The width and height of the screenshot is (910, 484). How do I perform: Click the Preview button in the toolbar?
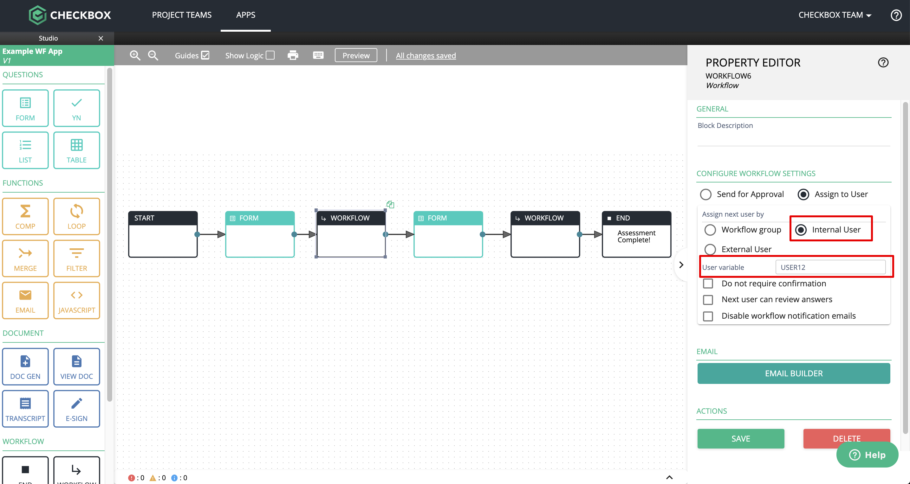pyautogui.click(x=356, y=55)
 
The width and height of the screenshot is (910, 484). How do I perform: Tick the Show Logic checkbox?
pyautogui.click(x=270, y=55)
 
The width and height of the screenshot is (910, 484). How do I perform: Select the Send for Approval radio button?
pyautogui.click(x=706, y=194)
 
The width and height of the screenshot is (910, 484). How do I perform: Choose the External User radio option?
pyautogui.click(x=710, y=249)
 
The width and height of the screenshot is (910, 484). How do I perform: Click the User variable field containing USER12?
pyautogui.click(x=830, y=267)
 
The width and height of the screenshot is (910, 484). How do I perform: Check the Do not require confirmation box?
pyautogui.click(x=708, y=283)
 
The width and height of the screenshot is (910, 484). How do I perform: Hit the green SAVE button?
pyautogui.click(x=741, y=438)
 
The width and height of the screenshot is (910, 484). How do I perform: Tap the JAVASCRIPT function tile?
pyautogui.click(x=77, y=300)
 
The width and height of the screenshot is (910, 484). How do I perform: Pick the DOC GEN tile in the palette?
pyautogui.click(x=25, y=366)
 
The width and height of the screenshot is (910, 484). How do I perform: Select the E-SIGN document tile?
pyautogui.click(x=77, y=408)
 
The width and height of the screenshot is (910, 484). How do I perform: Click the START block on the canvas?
pyautogui.click(x=163, y=234)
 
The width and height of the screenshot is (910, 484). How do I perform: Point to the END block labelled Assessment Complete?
pyautogui.click(x=637, y=234)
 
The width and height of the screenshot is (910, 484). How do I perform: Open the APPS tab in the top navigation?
pyautogui.click(x=245, y=15)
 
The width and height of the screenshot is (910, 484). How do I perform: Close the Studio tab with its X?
pyautogui.click(x=101, y=38)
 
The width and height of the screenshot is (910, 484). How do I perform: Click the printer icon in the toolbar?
pyautogui.click(x=293, y=55)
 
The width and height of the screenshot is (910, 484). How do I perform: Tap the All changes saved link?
pyautogui.click(x=426, y=55)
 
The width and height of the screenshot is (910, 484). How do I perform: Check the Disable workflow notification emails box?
pyautogui.click(x=708, y=316)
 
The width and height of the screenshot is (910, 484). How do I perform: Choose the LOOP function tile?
pyautogui.click(x=77, y=216)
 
